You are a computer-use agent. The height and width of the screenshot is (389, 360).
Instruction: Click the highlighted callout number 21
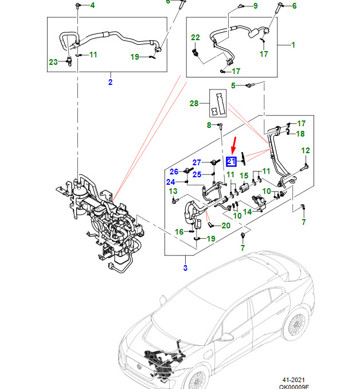[232, 161]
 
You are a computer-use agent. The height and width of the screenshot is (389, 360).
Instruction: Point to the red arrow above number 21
[232, 146]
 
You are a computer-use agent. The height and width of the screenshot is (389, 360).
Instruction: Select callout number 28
[194, 103]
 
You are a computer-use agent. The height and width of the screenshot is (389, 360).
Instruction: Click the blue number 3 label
[185, 268]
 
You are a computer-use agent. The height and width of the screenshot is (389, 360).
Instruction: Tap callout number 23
[53, 62]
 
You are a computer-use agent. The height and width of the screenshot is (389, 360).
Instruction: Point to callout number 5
[233, 85]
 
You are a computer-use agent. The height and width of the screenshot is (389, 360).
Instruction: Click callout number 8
[209, 125]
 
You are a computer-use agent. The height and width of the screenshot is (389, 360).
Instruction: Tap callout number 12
[305, 150]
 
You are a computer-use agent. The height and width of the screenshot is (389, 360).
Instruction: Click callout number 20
[225, 225]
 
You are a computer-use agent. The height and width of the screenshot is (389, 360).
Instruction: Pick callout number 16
[179, 232]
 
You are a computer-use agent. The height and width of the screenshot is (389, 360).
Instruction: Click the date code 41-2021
[292, 379]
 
